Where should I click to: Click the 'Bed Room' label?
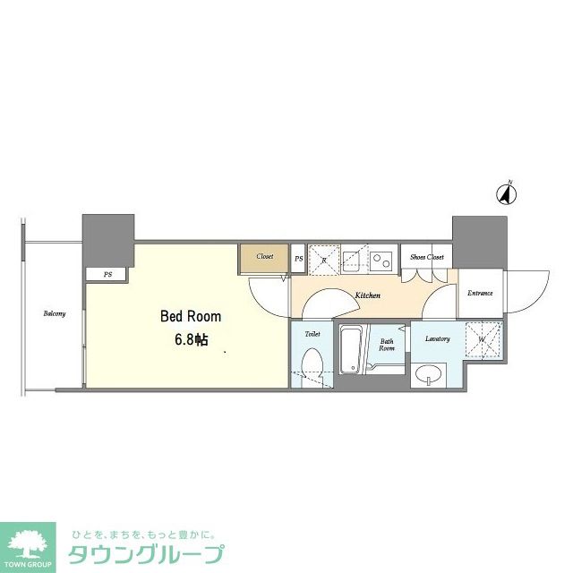tap(190, 316)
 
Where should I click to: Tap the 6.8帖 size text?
tap(190, 340)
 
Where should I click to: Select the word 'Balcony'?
tap(55, 313)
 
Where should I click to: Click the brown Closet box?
tap(264, 257)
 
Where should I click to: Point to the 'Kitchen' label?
tap(367, 295)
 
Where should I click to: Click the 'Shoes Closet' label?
tap(427, 257)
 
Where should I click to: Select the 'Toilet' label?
tap(312, 333)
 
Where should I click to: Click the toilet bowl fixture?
tap(312, 367)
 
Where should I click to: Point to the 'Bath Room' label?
tap(387, 345)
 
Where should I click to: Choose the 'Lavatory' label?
tap(437, 338)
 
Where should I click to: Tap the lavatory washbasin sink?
tap(430, 375)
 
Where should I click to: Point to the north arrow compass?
tap(508, 192)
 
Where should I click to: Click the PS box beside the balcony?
tap(107, 275)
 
